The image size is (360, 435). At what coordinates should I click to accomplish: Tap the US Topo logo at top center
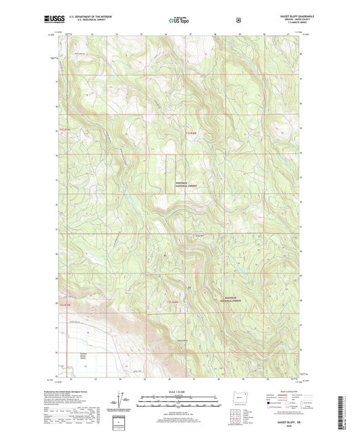179,20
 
